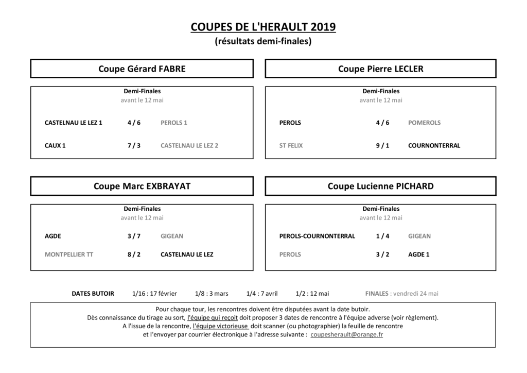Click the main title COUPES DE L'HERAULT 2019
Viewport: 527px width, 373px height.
tap(263, 27)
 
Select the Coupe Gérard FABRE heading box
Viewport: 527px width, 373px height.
tap(142, 69)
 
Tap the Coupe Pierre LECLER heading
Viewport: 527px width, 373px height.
tap(380, 69)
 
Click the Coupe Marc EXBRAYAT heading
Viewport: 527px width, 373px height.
tap(142, 186)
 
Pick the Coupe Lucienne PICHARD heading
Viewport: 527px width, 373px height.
tap(380, 186)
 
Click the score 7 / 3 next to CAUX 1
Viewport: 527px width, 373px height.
tap(134, 146)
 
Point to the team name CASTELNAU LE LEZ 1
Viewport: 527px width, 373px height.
tap(74, 123)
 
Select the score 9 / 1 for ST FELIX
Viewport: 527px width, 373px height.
tap(382, 146)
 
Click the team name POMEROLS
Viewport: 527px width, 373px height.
tap(424, 123)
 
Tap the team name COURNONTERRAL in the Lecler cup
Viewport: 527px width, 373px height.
tap(434, 146)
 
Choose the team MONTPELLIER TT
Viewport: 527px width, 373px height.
tap(69, 255)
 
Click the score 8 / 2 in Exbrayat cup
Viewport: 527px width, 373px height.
tap(134, 255)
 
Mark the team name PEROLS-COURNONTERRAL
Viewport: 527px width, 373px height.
tap(317, 236)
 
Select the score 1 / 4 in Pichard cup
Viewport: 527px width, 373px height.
tap(382, 236)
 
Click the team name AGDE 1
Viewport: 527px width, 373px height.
tap(418, 255)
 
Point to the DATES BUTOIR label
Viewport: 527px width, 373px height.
tap(93, 294)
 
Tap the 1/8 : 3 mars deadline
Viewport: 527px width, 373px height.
tap(212, 294)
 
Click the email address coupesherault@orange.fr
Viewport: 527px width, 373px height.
tap(347, 334)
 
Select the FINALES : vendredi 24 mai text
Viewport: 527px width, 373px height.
tap(401, 294)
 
